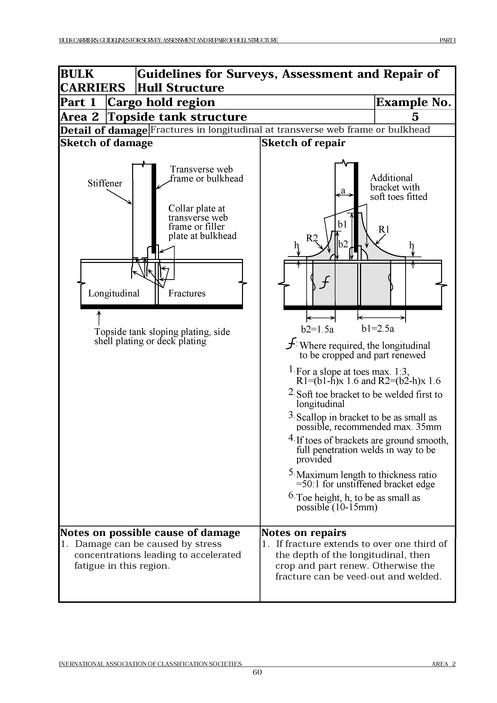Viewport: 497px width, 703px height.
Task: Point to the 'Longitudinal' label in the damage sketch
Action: click(x=114, y=293)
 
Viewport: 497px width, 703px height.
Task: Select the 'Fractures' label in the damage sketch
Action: click(x=187, y=293)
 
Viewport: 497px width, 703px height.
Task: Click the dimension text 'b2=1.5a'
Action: click(x=317, y=329)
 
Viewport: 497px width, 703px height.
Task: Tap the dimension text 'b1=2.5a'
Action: click(x=378, y=329)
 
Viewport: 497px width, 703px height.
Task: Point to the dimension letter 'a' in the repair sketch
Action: click(x=343, y=191)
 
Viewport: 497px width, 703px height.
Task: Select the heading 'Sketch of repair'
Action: click(x=303, y=143)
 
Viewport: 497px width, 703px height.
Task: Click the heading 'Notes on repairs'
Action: click(x=304, y=533)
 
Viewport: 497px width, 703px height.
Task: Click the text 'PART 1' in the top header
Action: click(x=447, y=40)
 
